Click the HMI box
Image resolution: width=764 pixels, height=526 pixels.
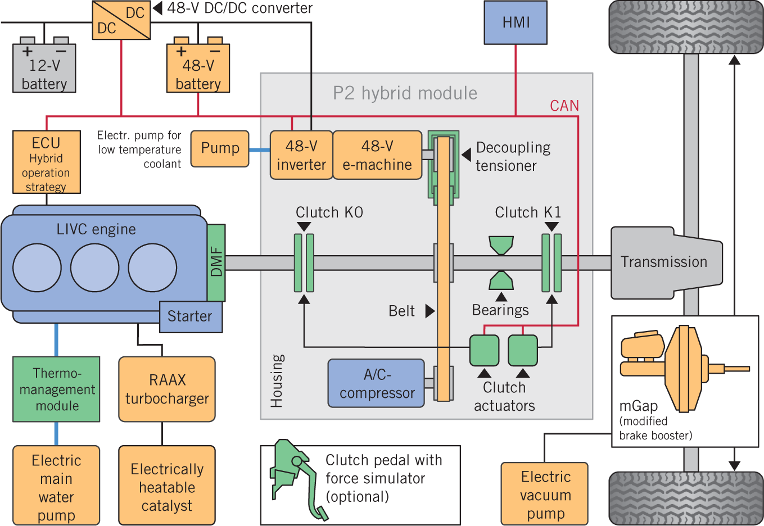pos(516,22)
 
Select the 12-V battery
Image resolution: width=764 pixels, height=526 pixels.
pos(44,69)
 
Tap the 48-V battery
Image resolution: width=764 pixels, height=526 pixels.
pos(198,69)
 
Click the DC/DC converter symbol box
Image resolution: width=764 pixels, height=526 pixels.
pos(121,20)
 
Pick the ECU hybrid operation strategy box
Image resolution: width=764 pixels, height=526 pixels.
pos(46,162)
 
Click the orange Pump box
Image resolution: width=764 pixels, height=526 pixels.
pos(220,148)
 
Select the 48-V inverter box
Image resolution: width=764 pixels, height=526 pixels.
pos(301,155)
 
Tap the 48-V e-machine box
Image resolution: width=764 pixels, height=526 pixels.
pos(377,155)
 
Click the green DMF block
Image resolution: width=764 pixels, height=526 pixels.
pos(216,262)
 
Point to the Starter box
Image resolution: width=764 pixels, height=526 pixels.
pos(191,316)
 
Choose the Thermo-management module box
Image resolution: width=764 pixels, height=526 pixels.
pos(56,389)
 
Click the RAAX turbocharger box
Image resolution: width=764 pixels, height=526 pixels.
pos(167,389)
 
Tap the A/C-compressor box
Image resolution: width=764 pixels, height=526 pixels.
pos(376,383)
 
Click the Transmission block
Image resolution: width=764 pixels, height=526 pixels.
pos(663,262)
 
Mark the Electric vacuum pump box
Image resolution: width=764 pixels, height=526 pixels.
pos(545,494)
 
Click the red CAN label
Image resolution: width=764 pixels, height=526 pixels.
pos(564,106)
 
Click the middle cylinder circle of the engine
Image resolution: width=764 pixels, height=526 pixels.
pos(94,267)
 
